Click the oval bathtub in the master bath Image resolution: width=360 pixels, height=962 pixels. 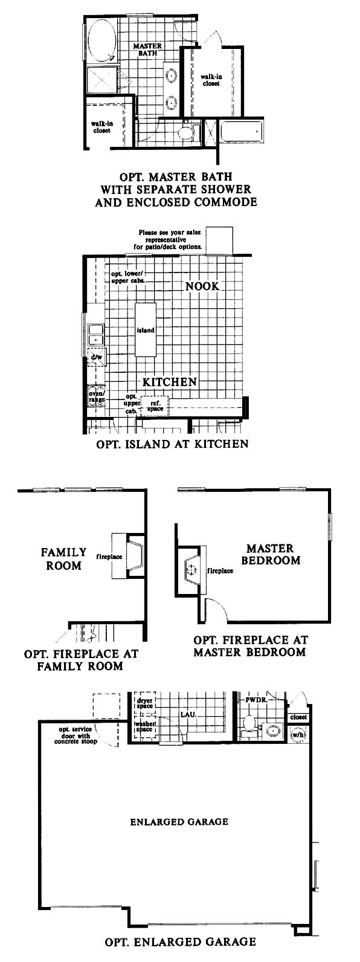[101, 41]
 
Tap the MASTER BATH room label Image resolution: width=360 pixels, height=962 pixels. [147, 50]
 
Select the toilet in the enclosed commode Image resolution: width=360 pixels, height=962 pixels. [186, 132]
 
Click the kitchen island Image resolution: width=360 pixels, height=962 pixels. [146, 330]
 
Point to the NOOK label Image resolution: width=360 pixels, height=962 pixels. [202, 286]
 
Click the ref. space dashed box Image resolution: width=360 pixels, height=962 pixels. [155, 406]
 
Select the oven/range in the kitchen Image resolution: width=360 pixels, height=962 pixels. [96, 396]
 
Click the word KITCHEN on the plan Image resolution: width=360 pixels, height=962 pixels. [170, 381]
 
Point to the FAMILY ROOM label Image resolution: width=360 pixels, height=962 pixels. [63, 559]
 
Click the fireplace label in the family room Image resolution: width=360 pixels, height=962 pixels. [109, 557]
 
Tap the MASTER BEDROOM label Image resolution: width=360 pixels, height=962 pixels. [271, 555]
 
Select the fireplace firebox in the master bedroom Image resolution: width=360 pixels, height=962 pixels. [192, 569]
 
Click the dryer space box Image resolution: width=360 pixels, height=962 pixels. [144, 703]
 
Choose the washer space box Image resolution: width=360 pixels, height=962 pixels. [144, 726]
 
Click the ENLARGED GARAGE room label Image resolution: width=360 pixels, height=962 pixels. [179, 822]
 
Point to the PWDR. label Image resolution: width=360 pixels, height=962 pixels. [257, 700]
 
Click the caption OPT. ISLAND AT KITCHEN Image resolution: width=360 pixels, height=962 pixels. [172, 444]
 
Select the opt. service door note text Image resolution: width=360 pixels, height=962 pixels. [76, 735]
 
